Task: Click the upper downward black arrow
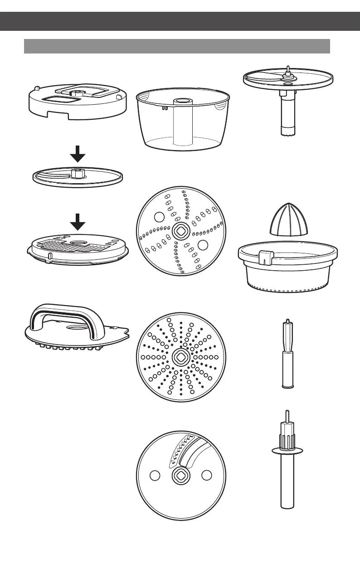pos(78,157)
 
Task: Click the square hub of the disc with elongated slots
pos(180,231)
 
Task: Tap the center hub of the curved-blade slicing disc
pos(180,475)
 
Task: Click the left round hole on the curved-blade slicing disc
pos(155,475)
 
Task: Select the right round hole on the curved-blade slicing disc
pos(206,475)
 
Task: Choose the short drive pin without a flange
pos(287,354)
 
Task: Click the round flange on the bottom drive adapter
pos(287,450)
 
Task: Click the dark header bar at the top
pos(180,21)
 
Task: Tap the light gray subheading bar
pos(177,46)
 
